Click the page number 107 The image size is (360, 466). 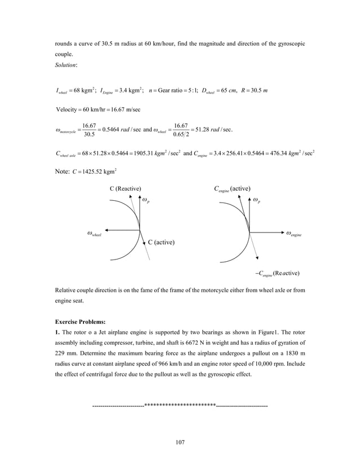(x=180, y=442)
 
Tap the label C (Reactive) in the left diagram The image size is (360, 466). (x=125, y=188)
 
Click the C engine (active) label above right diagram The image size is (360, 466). (x=232, y=188)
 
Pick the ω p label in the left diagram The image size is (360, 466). (x=146, y=200)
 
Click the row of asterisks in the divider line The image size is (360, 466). (x=180, y=403)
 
